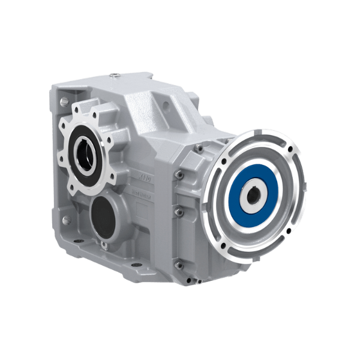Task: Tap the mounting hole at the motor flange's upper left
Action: point(223,161)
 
